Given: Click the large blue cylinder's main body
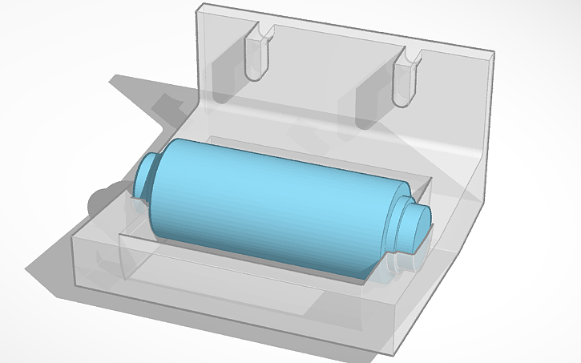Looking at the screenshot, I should coord(272,200).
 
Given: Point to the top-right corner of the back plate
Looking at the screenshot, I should coord(490,53).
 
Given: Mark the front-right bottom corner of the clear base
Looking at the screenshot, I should coord(395,353).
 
